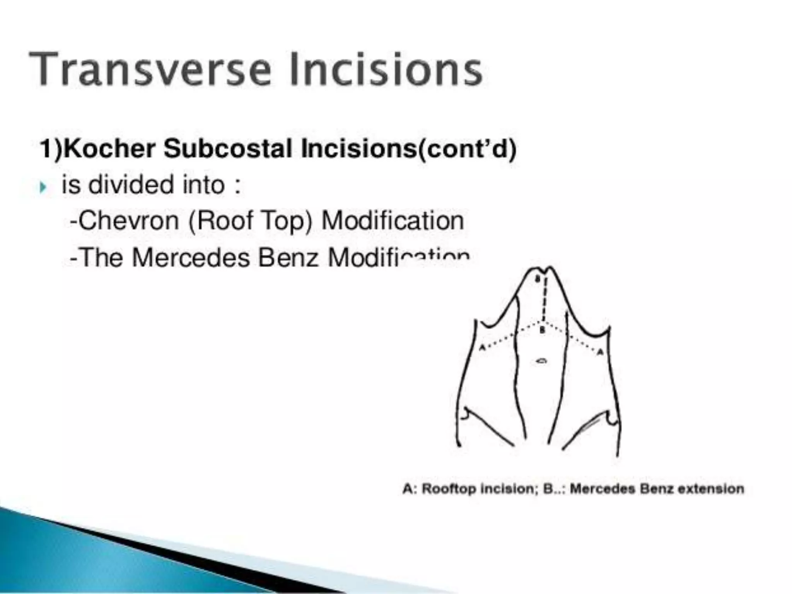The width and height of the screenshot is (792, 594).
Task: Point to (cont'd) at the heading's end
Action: [x=466, y=149]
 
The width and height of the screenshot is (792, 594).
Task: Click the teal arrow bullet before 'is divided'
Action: [x=43, y=188]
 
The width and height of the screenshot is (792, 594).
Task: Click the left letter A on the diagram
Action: [x=482, y=347]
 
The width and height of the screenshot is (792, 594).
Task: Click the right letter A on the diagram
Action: [x=600, y=352]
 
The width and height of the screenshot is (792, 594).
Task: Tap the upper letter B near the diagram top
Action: [x=538, y=278]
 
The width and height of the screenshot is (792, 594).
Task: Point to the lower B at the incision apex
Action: [x=543, y=330]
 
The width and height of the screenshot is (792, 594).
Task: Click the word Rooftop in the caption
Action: [x=449, y=489]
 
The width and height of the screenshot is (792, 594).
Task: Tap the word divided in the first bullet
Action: [x=131, y=184]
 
